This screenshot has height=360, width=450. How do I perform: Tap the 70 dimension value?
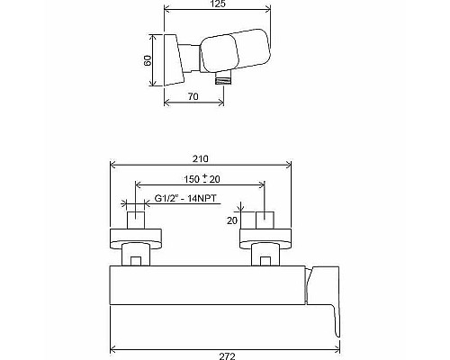pos(193,94)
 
